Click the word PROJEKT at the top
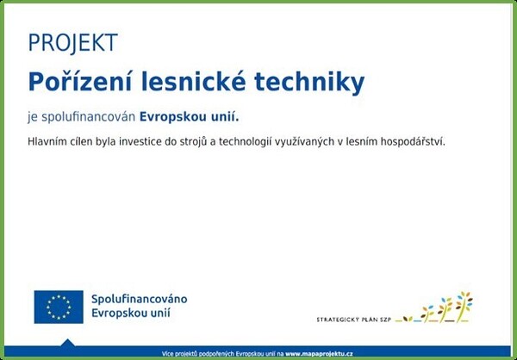click(x=73, y=43)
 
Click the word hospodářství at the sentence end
click(x=413, y=142)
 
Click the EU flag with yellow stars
click(x=59, y=307)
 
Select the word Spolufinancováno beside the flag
click(x=139, y=300)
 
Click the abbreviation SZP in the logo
click(x=385, y=320)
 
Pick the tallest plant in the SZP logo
click(x=464, y=306)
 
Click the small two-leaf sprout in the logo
click(x=408, y=319)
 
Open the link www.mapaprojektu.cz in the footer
click(x=319, y=354)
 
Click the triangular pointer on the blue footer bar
click(x=67, y=343)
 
